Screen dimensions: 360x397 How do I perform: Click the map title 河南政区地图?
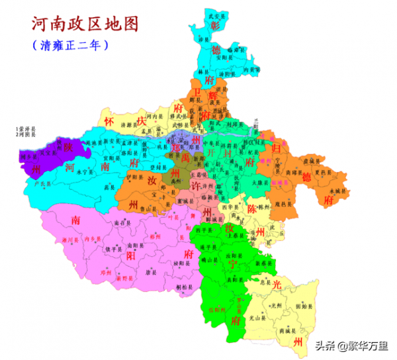pyautogui.click(x=85, y=24)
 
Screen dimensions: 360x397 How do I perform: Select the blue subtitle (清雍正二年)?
pyautogui.click(x=69, y=46)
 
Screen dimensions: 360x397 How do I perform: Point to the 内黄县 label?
pyautogui.click(x=249, y=69)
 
